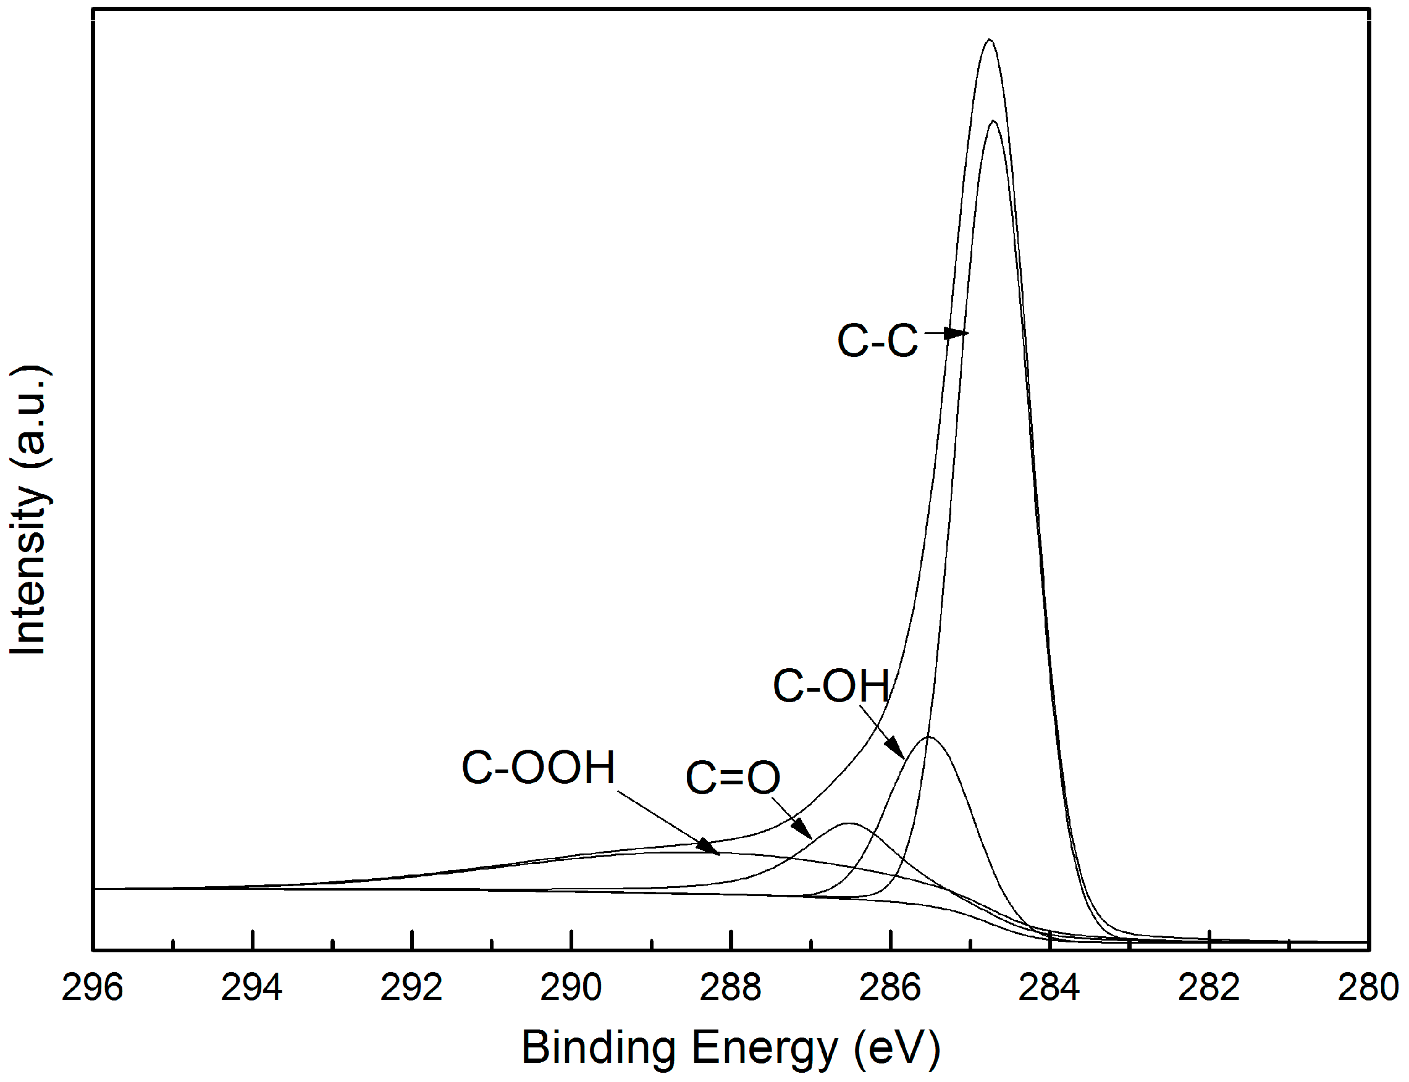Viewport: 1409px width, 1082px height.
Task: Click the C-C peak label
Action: coord(878,341)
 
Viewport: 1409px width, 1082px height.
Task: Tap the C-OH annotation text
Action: coord(831,686)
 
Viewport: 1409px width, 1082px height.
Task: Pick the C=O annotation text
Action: coord(733,778)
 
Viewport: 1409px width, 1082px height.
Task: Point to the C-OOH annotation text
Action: coord(539,768)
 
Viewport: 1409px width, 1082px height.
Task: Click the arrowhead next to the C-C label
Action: coord(959,333)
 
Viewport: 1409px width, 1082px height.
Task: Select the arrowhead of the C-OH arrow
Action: coord(896,750)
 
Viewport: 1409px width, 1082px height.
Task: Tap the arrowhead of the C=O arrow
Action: coord(804,830)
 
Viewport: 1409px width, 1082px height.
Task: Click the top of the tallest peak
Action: coord(989,40)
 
